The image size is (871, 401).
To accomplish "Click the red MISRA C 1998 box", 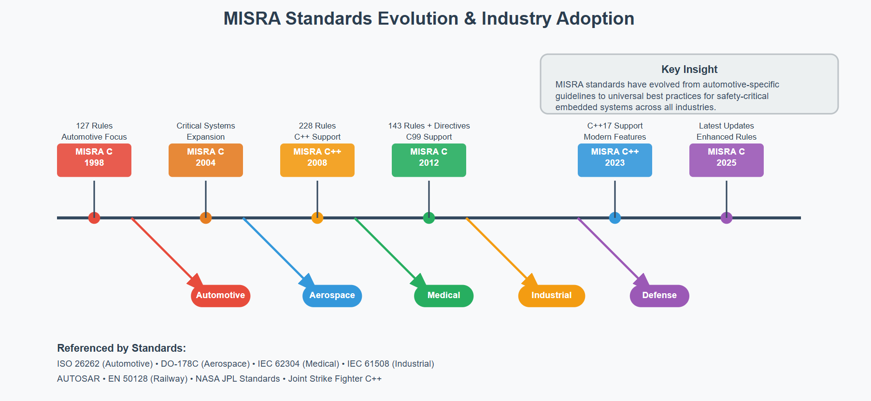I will pos(94,160).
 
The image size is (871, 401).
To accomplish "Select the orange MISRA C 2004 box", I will pos(206,160).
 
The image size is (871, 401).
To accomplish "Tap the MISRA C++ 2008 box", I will pos(317,160).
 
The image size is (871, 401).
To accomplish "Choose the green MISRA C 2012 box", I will pos(429,160).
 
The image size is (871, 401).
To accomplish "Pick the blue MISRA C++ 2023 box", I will pos(615,160).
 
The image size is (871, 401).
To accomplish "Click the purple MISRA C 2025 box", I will pos(727,160).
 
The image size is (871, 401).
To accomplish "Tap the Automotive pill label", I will pos(221,296).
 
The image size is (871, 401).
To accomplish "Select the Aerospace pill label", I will pos(332,296).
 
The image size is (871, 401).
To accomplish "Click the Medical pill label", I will pos(444,296).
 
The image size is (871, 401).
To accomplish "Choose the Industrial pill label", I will pos(552,296).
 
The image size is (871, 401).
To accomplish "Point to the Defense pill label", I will pos(659,296).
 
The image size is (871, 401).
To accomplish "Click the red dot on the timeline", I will pos(94,218).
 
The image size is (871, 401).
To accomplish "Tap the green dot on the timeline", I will pos(429,218).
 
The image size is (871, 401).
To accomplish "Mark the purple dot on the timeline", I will pos(727,218).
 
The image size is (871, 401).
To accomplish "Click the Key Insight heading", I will pos(689,70).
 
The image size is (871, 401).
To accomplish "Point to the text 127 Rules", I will pos(94,126).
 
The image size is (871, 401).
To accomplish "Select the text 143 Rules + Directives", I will pos(429,126).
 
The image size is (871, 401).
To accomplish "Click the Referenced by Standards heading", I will pos(121,348).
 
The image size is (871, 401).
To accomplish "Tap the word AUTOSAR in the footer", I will pos(78,379).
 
